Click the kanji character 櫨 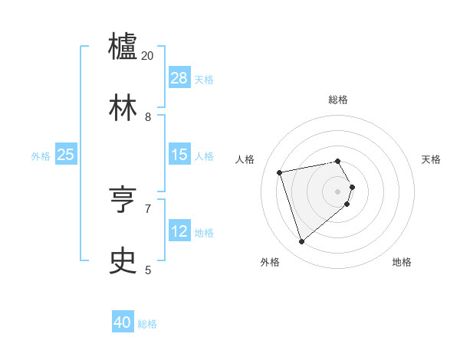point(123,47)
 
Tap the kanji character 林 point(123,109)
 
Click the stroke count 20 point(148,56)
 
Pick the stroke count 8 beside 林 point(148,117)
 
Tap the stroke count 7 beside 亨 point(148,208)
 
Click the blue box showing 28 point(179,78)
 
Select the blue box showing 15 point(179,155)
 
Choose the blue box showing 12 point(179,231)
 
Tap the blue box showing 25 point(66,155)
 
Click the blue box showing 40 point(123,323)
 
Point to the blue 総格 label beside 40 point(147,324)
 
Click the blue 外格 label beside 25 point(41,155)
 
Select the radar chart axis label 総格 point(338,100)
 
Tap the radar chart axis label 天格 point(431,159)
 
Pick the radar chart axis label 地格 point(402,262)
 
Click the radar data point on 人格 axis point(280,172)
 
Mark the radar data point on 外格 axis point(301,241)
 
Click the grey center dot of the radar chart point(338,191)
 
